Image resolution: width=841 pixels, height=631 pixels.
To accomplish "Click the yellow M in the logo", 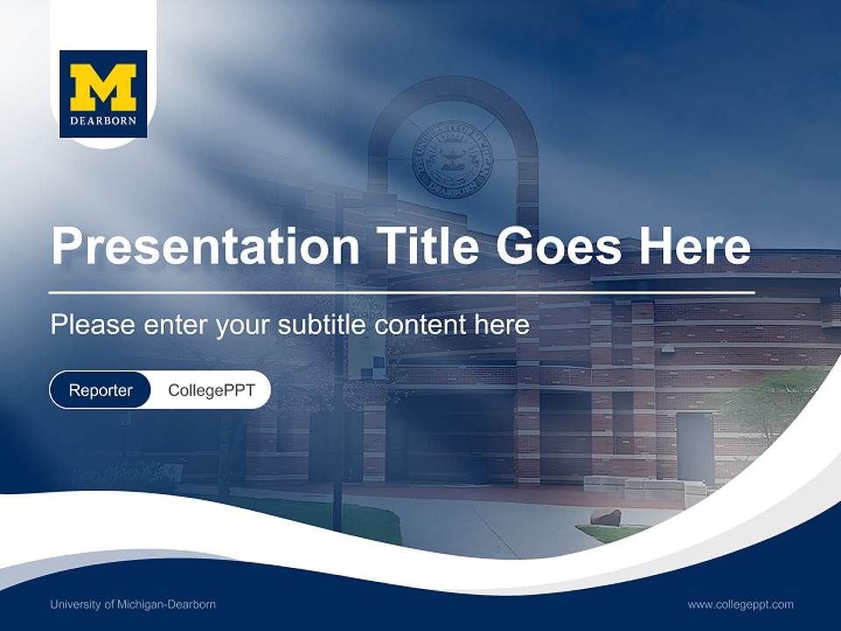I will click(x=102, y=86).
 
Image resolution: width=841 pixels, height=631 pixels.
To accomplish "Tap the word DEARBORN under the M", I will click(x=102, y=121).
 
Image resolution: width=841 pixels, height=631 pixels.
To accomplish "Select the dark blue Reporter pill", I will click(x=101, y=390).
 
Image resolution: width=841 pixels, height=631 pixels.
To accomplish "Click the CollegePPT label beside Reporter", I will click(x=211, y=390).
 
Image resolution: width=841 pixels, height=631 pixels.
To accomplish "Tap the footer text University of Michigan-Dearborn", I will click(x=133, y=605).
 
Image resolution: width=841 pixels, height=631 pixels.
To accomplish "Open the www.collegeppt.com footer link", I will click(x=740, y=605).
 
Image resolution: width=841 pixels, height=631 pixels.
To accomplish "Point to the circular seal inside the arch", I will click(x=452, y=158).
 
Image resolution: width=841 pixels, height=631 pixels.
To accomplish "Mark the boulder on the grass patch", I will click(x=605, y=517).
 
